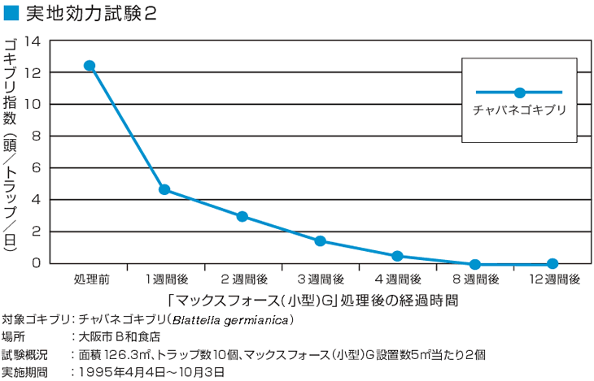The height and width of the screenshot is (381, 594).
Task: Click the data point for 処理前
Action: coord(90,66)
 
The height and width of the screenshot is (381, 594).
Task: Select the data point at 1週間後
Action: coord(164,189)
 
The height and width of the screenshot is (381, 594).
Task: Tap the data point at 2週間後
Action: coord(242,217)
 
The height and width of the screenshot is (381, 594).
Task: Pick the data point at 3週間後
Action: coord(320,240)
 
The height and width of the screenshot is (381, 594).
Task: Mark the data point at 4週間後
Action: coord(397,256)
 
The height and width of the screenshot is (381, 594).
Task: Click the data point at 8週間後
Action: coord(475,264)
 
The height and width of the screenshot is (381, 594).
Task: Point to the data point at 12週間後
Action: coord(553,263)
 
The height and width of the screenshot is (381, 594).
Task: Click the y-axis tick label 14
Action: coord(32,41)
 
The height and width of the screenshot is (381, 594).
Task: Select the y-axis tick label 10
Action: coord(32,104)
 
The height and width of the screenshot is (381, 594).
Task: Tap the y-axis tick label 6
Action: coord(36,167)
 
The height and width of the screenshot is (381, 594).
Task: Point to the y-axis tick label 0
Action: coord(36,262)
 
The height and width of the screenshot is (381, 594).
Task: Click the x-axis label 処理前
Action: coord(91,279)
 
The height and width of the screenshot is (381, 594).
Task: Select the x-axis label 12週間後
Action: coord(553,279)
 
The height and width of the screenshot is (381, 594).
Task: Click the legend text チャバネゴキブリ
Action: coord(519,109)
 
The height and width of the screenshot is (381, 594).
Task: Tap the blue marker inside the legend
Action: coord(519,93)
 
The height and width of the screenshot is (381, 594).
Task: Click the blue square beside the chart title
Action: coord(10,14)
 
